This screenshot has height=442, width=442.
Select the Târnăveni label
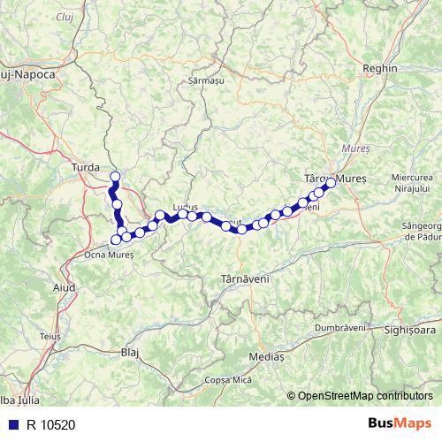(243, 278)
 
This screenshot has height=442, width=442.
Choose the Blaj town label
(130, 352)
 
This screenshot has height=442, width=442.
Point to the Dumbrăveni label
(339, 327)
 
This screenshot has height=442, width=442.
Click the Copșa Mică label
(229, 379)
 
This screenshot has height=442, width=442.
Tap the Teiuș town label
(50, 337)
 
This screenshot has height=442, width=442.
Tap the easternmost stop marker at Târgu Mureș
(331, 183)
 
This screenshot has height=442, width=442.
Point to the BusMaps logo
(400, 424)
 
